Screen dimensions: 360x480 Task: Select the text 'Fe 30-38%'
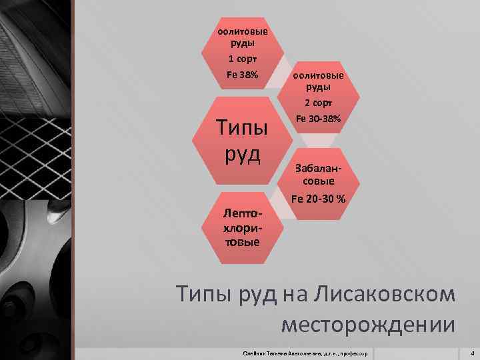pos(318,118)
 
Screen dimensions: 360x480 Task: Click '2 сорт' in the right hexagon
pos(318,103)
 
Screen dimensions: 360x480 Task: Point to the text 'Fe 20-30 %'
pos(318,199)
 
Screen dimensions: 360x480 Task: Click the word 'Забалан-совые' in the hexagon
pos(318,174)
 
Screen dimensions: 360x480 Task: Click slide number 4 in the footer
pos(472,351)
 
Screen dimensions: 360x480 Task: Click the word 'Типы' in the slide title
pos(203,294)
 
